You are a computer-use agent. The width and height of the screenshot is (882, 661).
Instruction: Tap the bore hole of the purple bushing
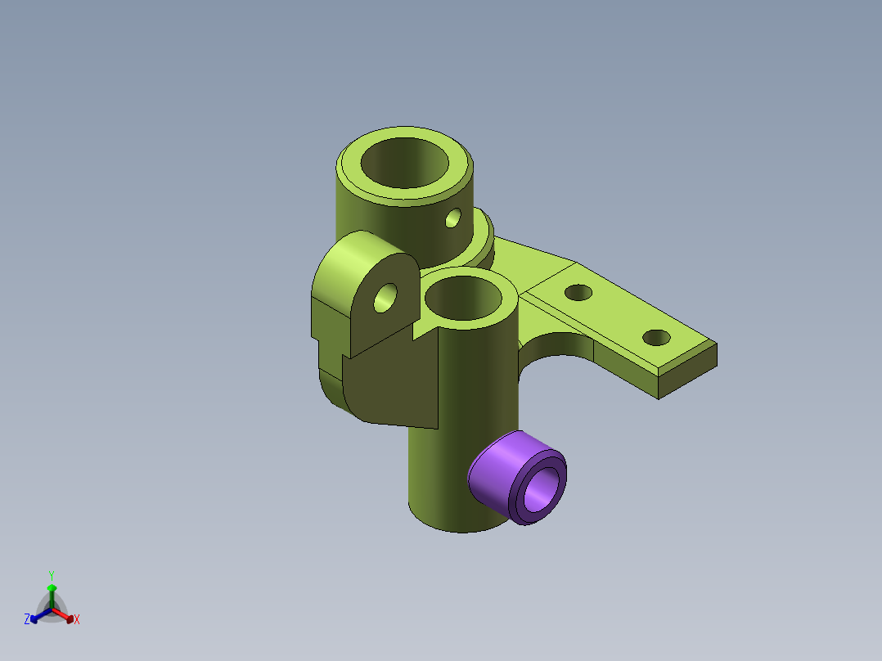coord(542,488)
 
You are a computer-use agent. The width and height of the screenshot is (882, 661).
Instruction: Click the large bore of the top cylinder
coord(404,163)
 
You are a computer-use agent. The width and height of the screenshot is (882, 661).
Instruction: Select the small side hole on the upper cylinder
coord(452,218)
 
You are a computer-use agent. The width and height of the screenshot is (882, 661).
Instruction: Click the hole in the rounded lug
coord(385,298)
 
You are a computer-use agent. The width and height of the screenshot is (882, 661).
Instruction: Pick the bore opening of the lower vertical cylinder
coord(463,298)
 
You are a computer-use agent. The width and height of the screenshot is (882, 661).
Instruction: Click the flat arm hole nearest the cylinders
coord(578,293)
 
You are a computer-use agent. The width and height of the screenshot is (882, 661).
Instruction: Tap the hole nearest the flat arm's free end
coord(656,338)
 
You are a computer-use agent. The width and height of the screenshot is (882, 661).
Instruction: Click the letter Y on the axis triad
coord(52,576)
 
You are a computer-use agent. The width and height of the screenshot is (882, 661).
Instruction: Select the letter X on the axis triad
coord(77,619)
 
